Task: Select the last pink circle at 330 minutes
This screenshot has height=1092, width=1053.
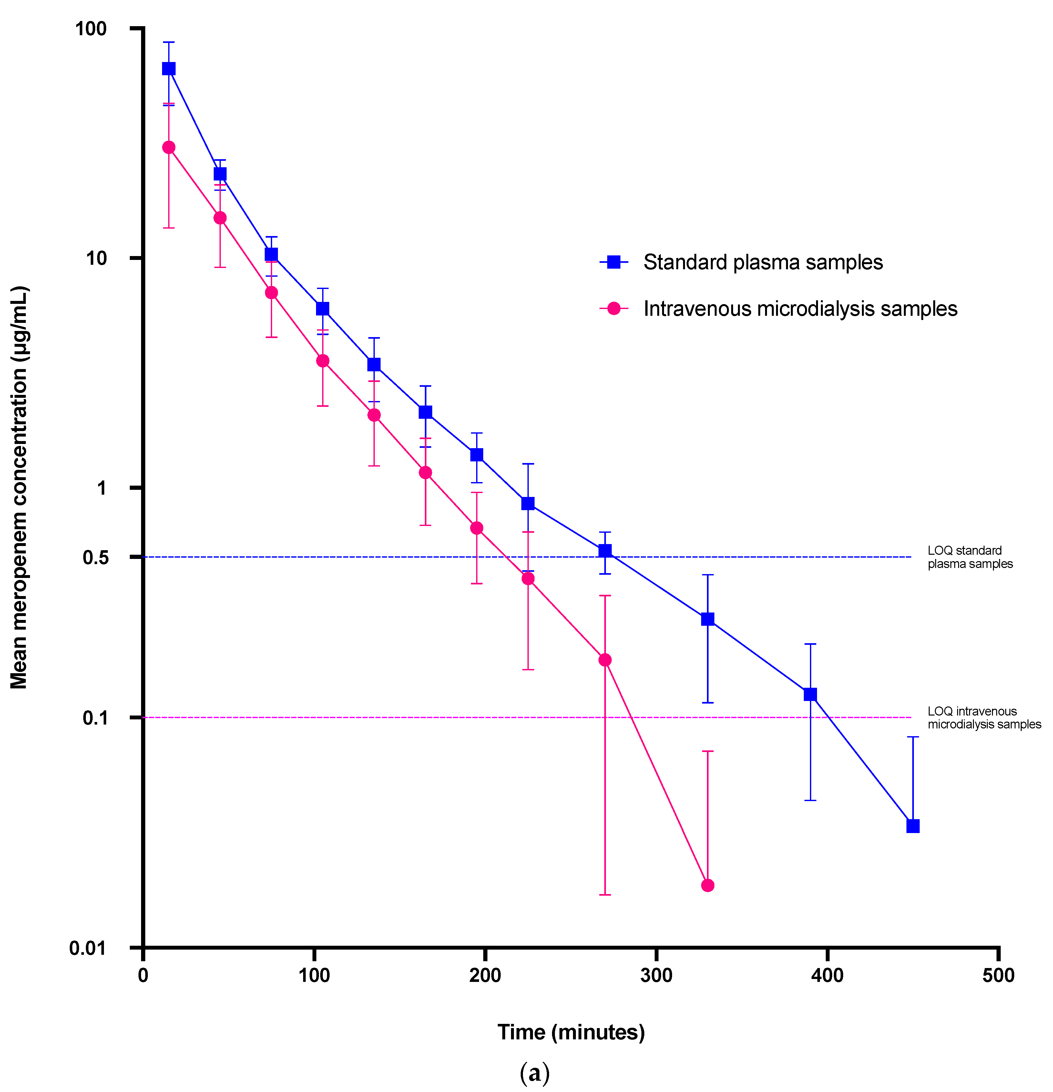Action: pos(708,885)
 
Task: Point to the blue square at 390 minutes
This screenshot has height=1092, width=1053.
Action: pos(810,694)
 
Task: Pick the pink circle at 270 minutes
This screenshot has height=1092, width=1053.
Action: pos(605,660)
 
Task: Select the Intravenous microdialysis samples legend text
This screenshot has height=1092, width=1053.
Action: pos(800,309)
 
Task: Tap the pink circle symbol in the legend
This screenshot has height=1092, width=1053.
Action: pos(613,309)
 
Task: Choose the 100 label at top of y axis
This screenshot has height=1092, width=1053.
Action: pos(91,28)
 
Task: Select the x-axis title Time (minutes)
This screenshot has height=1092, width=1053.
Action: pos(571,1032)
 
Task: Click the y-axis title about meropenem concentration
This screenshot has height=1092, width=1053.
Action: pos(19,488)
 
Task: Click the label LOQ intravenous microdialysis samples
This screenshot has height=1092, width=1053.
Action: pos(984,717)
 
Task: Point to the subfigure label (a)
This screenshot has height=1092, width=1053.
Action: pos(534,1072)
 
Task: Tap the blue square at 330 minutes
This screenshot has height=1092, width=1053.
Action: pos(708,619)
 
